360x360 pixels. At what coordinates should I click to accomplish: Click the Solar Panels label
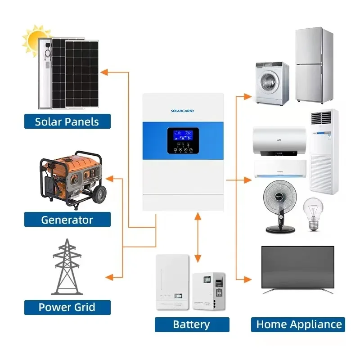click(67, 121)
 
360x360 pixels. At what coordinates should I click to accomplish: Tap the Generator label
click(67, 220)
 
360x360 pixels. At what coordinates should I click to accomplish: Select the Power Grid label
click(67, 307)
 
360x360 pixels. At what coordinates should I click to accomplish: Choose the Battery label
click(192, 324)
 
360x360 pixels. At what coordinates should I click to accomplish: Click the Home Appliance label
click(299, 324)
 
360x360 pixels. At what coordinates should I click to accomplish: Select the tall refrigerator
click(315, 65)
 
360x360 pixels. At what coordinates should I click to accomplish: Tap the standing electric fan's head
click(280, 198)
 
